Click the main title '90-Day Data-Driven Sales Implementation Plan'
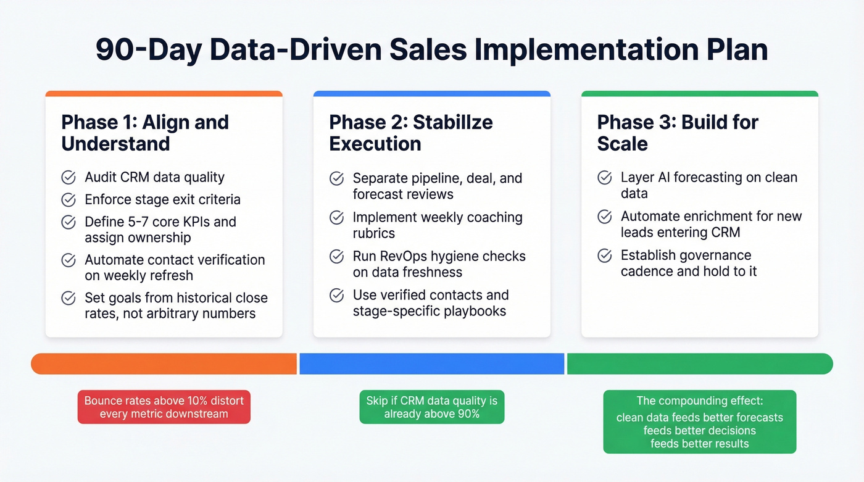point(432,50)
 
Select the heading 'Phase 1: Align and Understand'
point(145,133)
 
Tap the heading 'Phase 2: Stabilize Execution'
point(411,133)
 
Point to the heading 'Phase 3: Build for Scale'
point(678,133)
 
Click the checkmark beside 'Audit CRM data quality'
point(69,178)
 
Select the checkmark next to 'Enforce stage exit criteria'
point(69,200)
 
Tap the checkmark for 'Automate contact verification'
point(69,260)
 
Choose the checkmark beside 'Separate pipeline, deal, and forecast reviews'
point(336,178)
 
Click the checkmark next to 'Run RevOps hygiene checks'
point(336,256)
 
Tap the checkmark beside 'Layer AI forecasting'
point(605,178)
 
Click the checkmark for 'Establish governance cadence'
point(605,256)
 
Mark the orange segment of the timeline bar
point(164,364)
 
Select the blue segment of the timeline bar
point(432,364)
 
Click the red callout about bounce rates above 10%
point(164,407)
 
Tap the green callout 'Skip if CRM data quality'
point(432,407)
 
